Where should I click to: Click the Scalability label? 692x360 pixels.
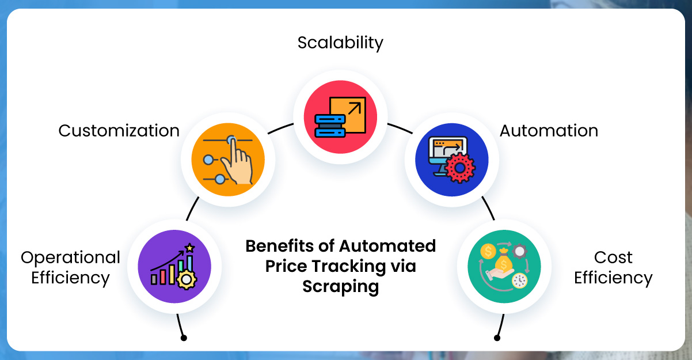340,43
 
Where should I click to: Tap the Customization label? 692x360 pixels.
119,131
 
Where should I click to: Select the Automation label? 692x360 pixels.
549,131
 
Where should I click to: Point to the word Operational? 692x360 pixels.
70,257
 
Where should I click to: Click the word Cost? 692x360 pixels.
613,257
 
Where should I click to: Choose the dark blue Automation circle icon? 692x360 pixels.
451,160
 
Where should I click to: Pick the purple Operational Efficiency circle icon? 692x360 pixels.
175,266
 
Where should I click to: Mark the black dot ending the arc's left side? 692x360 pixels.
184,338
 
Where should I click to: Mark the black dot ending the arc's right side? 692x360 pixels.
497,338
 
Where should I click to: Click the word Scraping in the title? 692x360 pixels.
341,286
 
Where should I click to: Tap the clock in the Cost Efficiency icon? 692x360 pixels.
519,281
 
